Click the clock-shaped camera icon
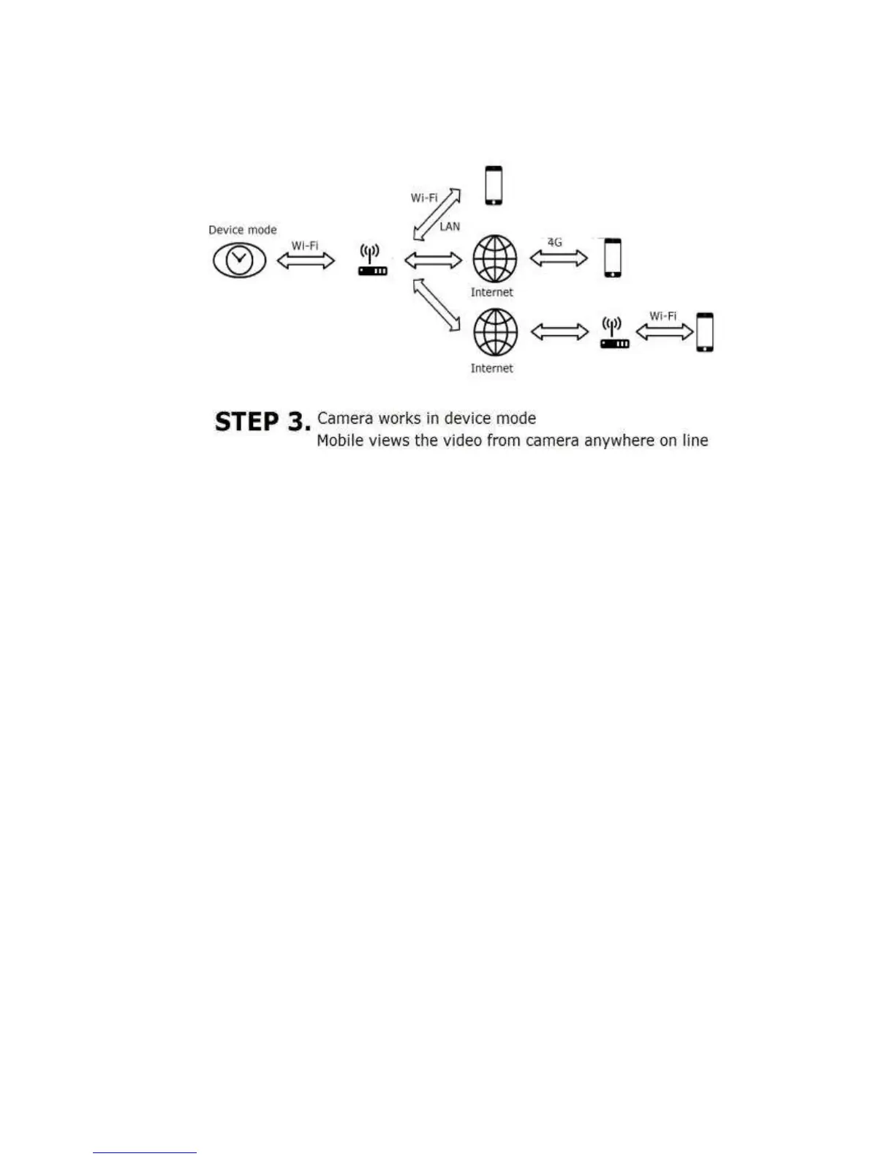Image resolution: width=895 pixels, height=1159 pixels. tap(239, 260)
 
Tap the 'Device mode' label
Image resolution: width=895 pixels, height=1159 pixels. tap(243, 230)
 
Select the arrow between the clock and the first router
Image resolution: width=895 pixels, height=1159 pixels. tap(306, 260)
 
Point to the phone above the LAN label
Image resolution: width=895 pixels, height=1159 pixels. tap(494, 186)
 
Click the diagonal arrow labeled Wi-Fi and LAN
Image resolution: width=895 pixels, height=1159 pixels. tap(437, 214)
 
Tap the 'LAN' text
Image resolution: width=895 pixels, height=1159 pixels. tap(450, 227)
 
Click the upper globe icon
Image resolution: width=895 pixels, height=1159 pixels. tap(494, 259)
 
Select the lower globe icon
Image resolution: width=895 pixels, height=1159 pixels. tap(495, 331)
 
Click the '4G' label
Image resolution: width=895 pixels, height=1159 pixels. tap(555, 242)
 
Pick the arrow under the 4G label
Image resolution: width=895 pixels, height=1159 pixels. tap(559, 258)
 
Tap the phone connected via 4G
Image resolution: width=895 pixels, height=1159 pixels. tap(613, 258)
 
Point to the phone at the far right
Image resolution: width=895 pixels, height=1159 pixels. tap(705, 332)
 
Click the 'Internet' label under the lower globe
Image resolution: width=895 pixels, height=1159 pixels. tap(491, 368)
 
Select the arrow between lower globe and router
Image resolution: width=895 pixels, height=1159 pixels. tap(559, 332)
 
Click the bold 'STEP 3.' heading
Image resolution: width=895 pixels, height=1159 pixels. tap(262, 422)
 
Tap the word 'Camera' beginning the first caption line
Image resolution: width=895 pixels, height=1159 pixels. tap(342, 419)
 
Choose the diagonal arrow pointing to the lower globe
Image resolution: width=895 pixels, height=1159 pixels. tap(437, 304)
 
